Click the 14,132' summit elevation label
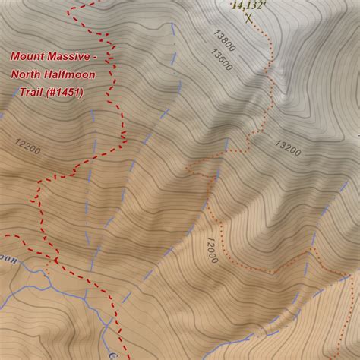tap(248, 5)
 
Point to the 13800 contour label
tap(225, 39)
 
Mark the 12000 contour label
tap(210, 248)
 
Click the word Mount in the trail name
tap(27, 56)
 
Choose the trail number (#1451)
tap(68, 93)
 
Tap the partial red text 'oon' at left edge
tap(7, 257)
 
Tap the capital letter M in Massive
tap(53, 56)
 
